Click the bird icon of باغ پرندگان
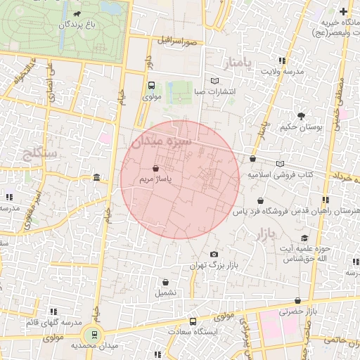point(76,13)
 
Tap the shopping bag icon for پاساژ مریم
point(155,168)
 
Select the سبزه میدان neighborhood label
point(161,141)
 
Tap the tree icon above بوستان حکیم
point(301,117)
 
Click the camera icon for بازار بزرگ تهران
point(214,255)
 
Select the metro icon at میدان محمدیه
point(91,333)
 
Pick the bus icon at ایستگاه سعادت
point(195,320)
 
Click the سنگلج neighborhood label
point(33,151)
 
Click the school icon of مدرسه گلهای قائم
point(53,311)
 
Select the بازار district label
point(261,232)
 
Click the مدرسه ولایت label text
point(282,71)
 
